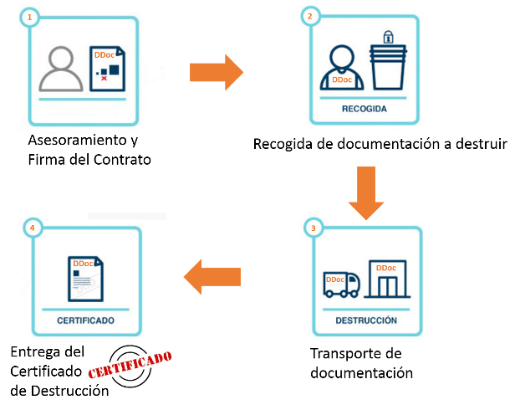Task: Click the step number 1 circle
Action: click(29, 17)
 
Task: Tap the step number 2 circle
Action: click(310, 16)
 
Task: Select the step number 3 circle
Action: click(314, 228)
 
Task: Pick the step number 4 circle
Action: click(33, 228)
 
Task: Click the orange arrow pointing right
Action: click(217, 72)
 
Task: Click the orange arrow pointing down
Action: click(366, 193)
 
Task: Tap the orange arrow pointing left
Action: click(212, 277)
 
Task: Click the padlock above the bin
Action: click(389, 37)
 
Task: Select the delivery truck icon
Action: click(342, 284)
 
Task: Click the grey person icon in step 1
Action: click(61, 69)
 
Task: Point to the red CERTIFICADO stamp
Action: click(130, 365)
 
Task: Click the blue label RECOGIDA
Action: click(365, 109)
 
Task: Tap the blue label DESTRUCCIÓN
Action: click(366, 320)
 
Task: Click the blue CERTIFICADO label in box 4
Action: click(85, 320)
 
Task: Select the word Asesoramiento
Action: click(77, 140)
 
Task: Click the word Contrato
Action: click(122, 160)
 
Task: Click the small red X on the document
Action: click(105, 79)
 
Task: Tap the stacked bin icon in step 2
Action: click(388, 68)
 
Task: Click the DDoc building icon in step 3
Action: click(387, 279)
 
